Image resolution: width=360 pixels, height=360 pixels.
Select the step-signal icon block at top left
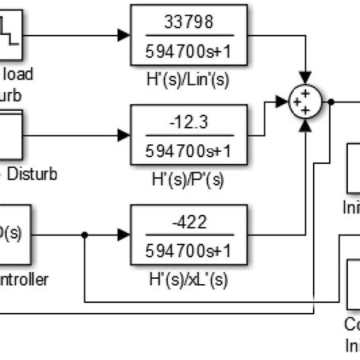[x=15, y=34]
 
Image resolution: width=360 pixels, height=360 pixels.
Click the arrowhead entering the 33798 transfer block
[x=125, y=34]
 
